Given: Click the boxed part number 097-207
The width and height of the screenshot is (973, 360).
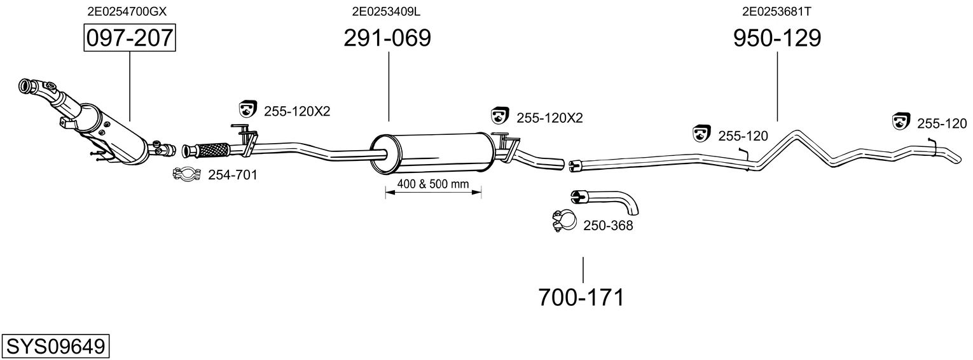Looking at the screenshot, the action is coord(130,38).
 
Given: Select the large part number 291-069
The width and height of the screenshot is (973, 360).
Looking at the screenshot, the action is coord(387,38).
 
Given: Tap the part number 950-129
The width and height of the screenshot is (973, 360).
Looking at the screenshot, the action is coord(777,38).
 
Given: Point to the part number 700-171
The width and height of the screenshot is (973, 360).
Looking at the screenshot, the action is coord(581,298).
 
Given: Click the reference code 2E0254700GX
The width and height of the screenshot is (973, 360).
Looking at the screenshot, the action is coord(127,11).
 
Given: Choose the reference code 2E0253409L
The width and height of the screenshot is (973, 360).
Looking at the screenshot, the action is coord(386,11).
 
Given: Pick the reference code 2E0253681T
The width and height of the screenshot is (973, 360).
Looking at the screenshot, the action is coord(776,11).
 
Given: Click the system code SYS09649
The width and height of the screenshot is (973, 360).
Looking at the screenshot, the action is coord(55,347).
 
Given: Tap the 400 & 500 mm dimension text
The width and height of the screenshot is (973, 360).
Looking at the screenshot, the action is coord(433,184).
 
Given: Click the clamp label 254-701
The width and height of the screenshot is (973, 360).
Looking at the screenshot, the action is coord(232,175).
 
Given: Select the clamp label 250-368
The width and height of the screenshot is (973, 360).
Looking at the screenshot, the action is coord(608,225).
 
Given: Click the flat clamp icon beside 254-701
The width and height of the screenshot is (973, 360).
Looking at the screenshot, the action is coord(187,174).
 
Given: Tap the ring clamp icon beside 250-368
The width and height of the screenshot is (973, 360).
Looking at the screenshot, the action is coord(564,221).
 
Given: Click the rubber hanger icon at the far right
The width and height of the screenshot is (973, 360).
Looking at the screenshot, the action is coord(901,121).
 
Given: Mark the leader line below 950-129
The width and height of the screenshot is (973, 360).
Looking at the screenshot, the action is coord(777,87).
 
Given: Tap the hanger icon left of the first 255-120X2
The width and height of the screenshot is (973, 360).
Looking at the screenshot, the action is coord(248,109).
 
